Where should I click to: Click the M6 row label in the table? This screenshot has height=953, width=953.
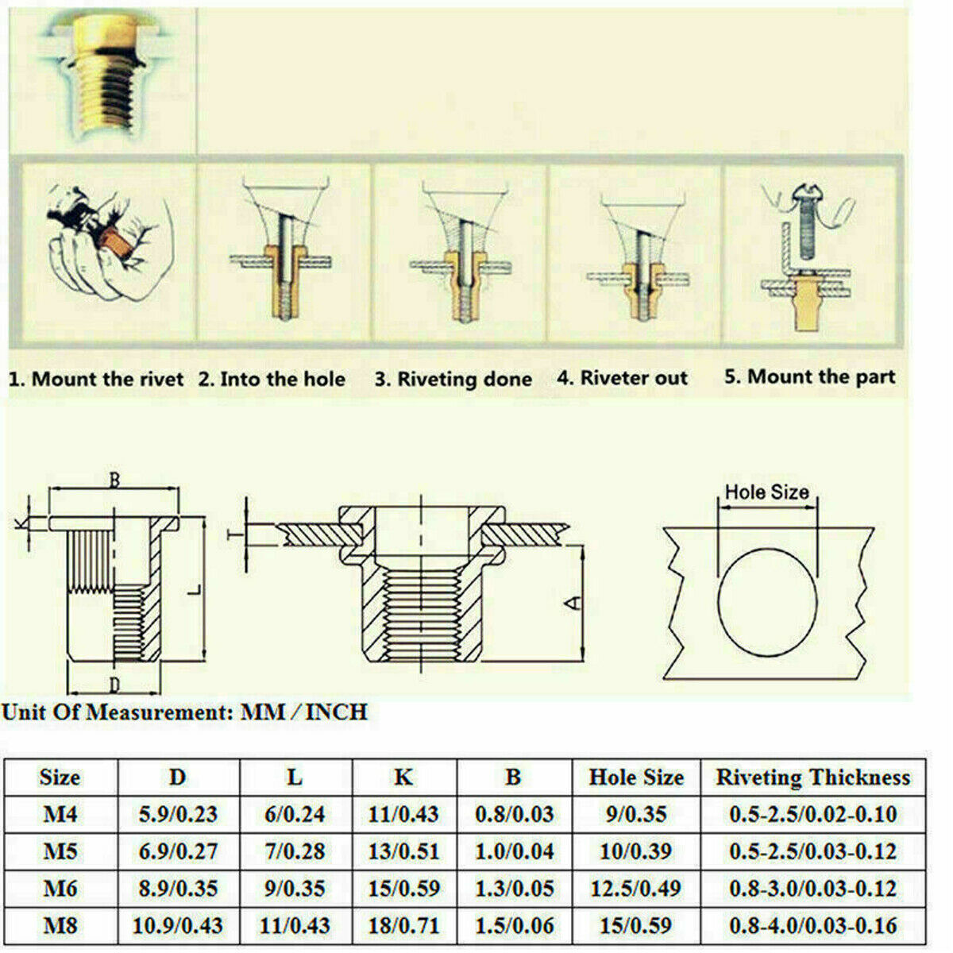point(60,889)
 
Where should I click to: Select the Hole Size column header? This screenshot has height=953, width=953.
point(636,778)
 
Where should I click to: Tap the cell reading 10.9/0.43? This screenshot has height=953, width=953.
point(178,926)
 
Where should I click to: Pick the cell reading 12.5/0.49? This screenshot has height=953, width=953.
point(636,889)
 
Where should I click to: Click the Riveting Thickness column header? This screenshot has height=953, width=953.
point(813,778)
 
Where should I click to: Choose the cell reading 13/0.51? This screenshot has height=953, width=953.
point(403,852)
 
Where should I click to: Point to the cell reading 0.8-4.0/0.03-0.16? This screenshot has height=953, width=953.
point(813,926)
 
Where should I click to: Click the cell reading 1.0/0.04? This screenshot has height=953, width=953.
point(514,852)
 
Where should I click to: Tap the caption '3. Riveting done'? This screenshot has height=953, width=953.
point(453,380)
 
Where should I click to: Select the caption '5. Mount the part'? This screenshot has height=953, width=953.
point(810,377)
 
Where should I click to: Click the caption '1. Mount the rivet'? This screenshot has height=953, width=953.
point(96,380)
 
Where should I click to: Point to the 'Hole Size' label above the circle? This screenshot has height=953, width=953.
point(766,492)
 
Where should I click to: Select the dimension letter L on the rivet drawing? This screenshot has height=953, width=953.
point(195,589)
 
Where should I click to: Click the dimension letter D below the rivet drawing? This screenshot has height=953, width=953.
point(114,685)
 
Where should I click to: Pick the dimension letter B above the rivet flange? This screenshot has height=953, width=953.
point(114,480)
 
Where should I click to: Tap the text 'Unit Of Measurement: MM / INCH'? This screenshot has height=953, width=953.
point(184,712)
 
